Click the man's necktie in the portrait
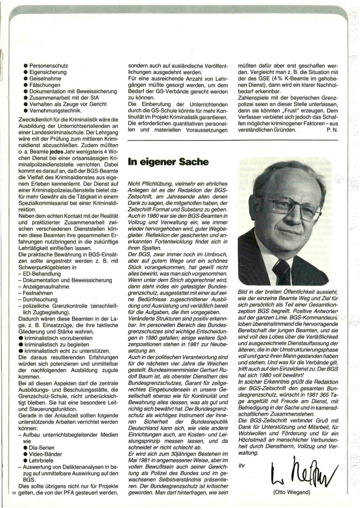(x=282, y=272)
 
